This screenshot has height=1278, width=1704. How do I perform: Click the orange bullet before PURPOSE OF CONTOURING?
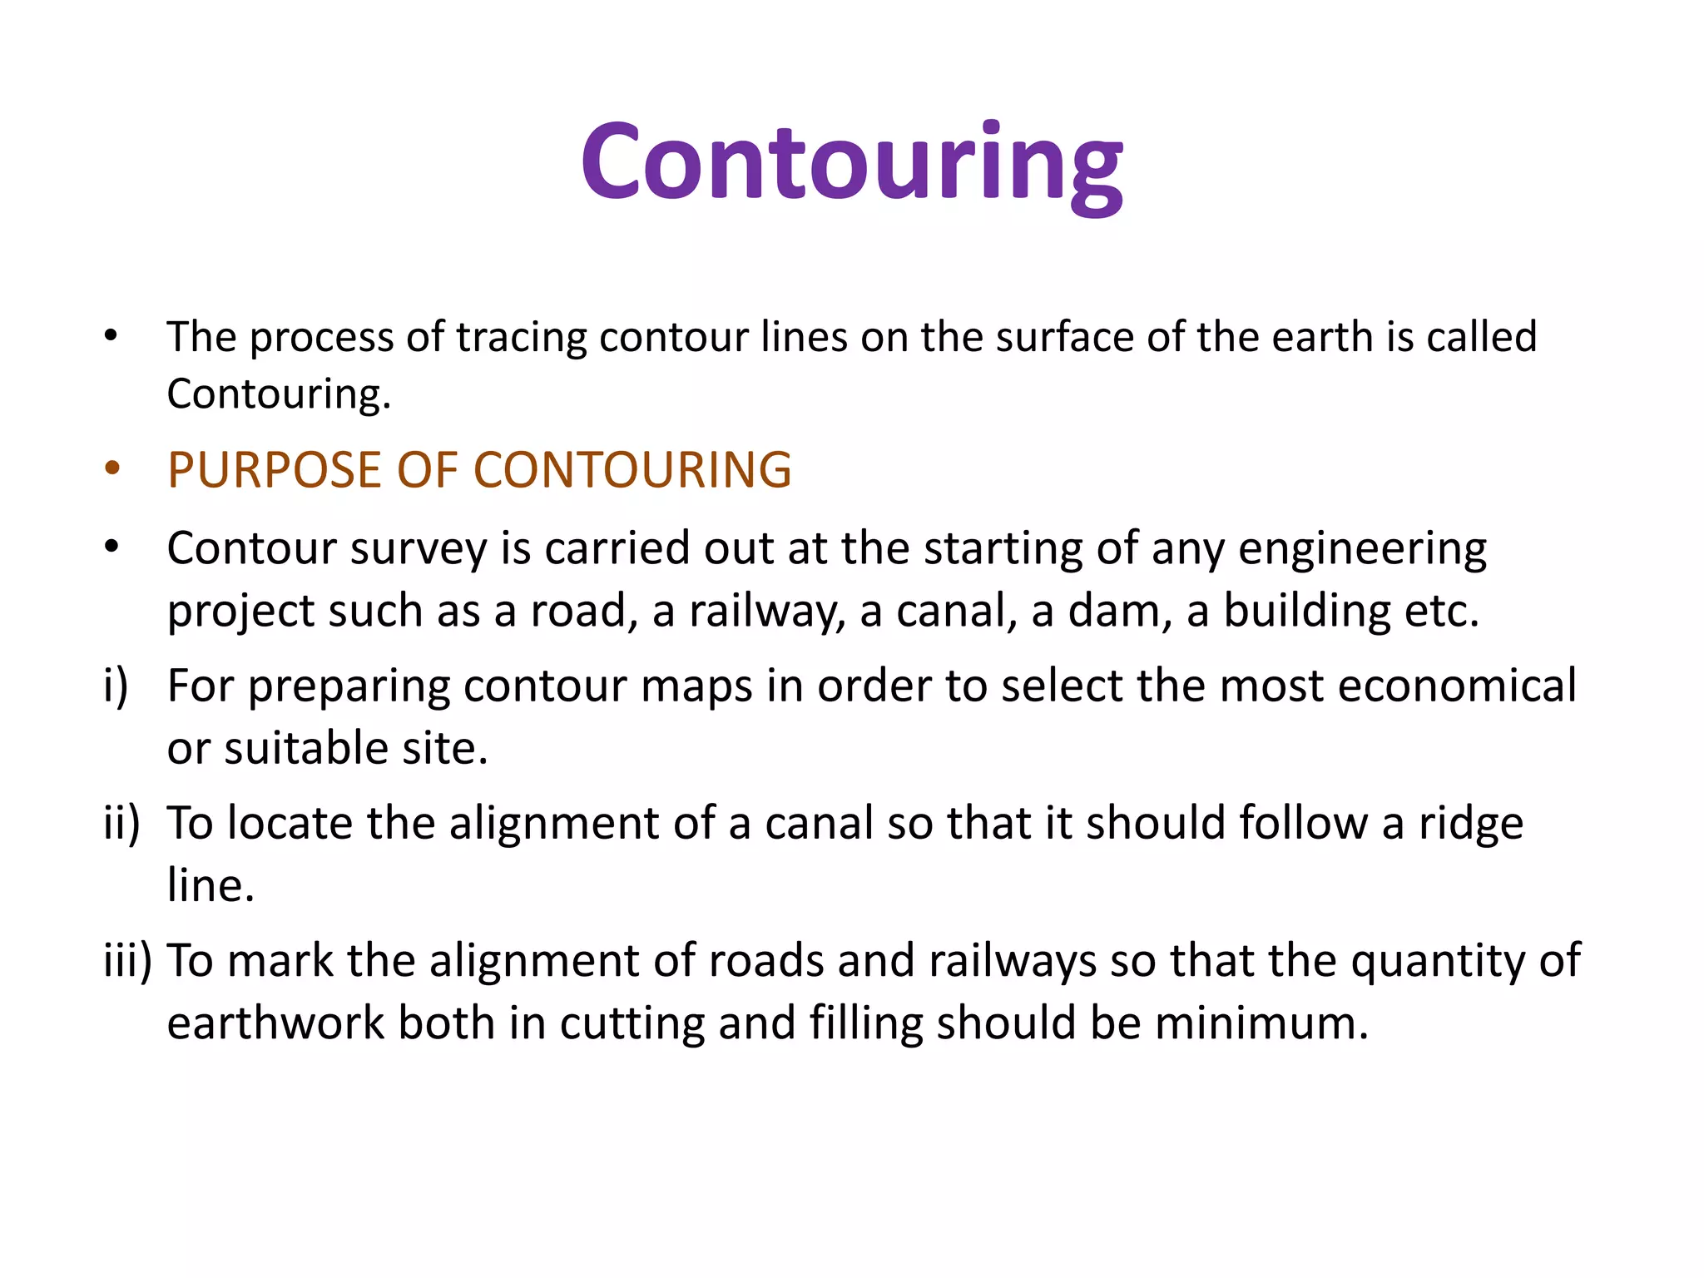[x=112, y=468]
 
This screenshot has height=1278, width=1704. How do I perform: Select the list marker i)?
[x=116, y=686]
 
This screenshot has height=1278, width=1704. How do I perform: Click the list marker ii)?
[x=121, y=824]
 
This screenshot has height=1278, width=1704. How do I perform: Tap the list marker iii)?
[x=127, y=961]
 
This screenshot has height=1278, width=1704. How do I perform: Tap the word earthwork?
[x=275, y=1023]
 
